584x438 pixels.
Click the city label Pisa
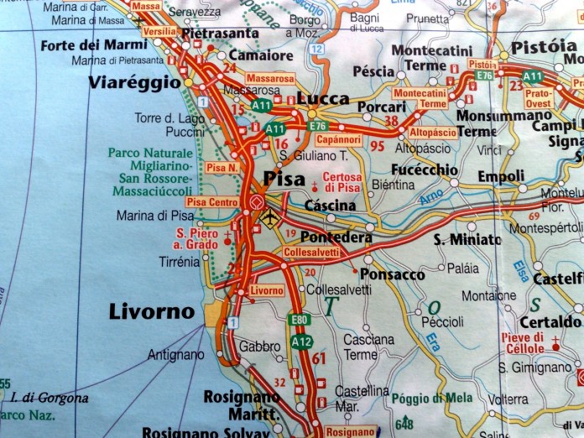(284, 178)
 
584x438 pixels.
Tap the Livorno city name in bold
(152, 312)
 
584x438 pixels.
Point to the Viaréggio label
(134, 82)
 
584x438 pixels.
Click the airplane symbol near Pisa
(269, 218)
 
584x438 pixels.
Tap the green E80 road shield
(299, 321)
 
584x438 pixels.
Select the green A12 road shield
(302, 342)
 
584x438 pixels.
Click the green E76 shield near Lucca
(317, 126)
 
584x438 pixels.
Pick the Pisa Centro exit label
(212, 202)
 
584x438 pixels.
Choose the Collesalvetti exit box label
(310, 252)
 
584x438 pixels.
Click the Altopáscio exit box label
(433, 133)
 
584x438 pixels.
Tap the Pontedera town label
(336, 237)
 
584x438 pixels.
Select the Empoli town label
(501, 176)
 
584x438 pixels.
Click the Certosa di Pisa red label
(342, 182)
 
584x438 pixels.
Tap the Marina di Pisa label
(155, 216)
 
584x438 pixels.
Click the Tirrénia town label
(179, 262)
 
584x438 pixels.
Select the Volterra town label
(508, 399)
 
